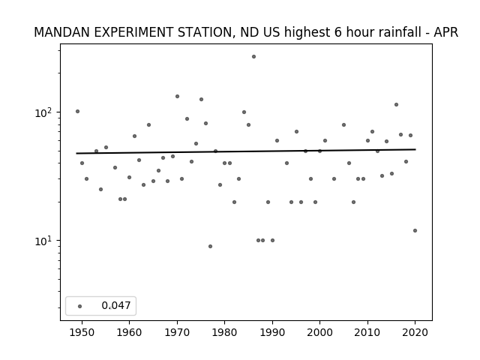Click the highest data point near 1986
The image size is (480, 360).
point(253,57)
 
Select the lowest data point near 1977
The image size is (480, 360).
point(210,247)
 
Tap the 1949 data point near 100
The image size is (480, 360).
point(77,112)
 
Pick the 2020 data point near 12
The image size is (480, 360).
point(415,230)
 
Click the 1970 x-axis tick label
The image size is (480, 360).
point(177,332)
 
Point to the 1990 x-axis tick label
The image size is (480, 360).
point(272,332)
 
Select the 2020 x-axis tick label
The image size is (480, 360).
point(415,332)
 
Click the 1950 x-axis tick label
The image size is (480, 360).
point(82,332)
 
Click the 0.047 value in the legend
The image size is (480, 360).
point(116,305)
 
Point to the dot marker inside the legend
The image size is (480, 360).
point(80,306)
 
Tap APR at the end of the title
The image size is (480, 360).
point(446,32)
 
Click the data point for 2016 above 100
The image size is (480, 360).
point(396,105)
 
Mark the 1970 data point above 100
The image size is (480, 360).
point(177,97)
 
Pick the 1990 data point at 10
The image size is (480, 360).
point(272,240)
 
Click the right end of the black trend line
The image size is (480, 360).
point(415,149)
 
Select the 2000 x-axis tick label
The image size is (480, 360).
point(319,332)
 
